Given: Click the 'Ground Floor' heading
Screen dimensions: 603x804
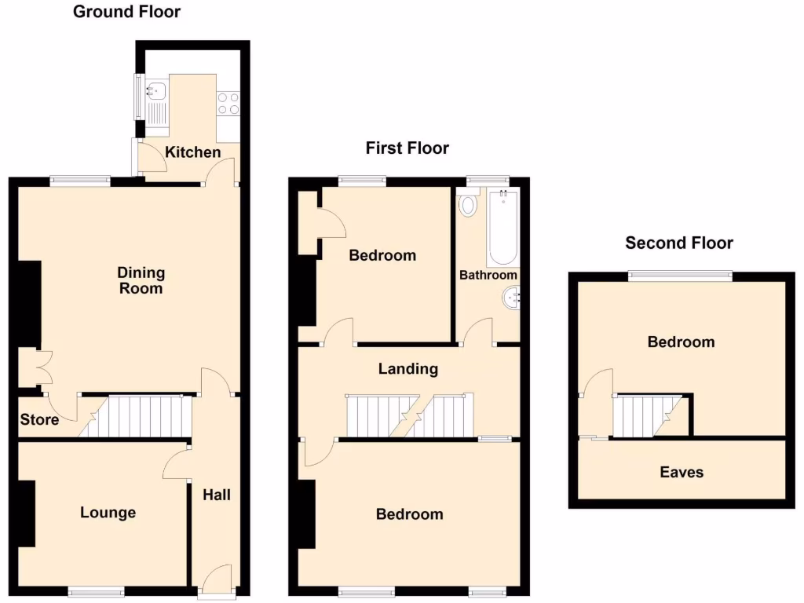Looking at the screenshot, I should click(x=126, y=12).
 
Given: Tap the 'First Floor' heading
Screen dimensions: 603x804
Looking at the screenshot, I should click(x=407, y=148).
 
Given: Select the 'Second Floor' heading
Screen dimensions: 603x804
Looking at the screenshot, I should click(x=678, y=243).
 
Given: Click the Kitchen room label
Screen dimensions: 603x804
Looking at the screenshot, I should click(x=192, y=152).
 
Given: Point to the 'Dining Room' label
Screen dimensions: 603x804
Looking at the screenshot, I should click(x=141, y=280).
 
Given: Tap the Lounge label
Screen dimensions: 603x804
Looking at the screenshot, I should click(x=108, y=513).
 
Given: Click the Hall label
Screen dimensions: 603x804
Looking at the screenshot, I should click(x=217, y=495).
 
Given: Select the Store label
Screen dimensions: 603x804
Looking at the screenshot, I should click(x=39, y=420).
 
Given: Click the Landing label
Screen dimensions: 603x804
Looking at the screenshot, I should click(x=407, y=368).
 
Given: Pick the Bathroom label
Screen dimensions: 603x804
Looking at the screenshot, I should click(x=488, y=275).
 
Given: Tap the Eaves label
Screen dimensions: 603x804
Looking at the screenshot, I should click(x=681, y=472).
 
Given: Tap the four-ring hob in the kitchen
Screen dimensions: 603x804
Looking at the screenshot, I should click(x=228, y=104).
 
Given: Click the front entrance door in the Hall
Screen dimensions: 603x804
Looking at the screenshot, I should click(x=216, y=581).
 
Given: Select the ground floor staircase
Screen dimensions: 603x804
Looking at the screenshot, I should click(x=141, y=416).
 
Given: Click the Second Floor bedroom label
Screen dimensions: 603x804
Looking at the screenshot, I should click(x=681, y=342).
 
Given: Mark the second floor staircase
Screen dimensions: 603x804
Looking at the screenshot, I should click(x=644, y=416).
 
